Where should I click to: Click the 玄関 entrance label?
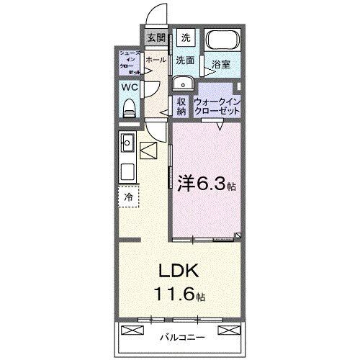(156, 38)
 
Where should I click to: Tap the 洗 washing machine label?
(186, 37)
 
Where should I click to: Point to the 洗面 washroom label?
(185, 60)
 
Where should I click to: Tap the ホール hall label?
(155, 60)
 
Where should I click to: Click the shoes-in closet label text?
(130, 63)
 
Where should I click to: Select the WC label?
(129, 87)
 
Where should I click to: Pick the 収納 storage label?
(181, 106)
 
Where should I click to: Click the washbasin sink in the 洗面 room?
(181, 81)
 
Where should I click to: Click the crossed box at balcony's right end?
(229, 330)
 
